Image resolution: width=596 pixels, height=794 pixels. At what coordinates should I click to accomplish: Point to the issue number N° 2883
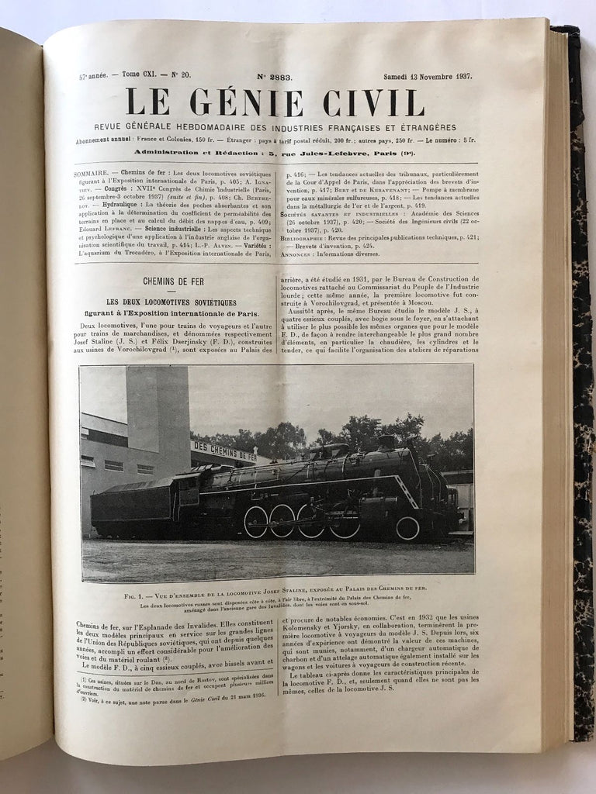coord(276,77)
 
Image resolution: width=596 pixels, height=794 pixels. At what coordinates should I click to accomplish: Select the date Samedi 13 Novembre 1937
coord(428,77)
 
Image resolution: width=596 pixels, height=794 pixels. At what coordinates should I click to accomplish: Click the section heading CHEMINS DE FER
coord(173,281)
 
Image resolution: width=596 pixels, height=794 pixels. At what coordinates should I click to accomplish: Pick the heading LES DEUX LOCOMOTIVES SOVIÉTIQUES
coord(173,302)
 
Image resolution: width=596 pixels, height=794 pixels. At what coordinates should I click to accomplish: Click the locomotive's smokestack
coord(386,442)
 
